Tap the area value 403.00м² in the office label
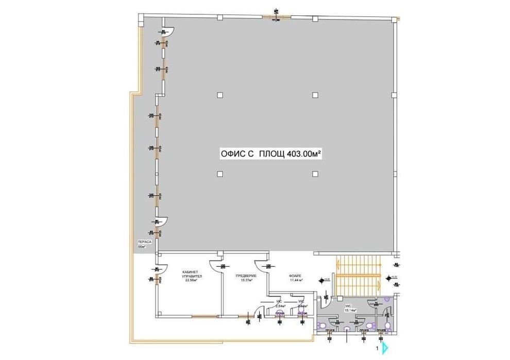(x=300, y=153)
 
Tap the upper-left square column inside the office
(x=220, y=95)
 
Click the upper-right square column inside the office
(x=314, y=95)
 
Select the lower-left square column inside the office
(x=220, y=174)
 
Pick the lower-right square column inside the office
(x=314, y=174)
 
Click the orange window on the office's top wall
(x=276, y=18)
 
